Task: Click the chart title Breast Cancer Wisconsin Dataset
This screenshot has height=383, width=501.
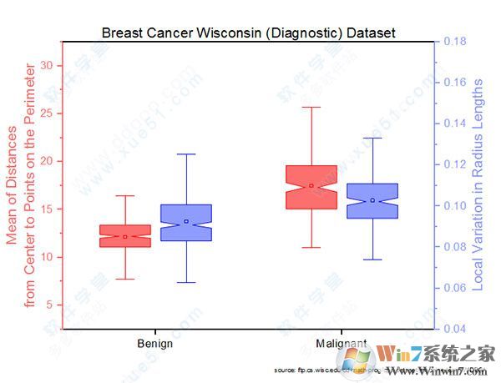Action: [248, 33]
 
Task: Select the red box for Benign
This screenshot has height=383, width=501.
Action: [125, 235]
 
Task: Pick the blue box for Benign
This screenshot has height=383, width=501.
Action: [186, 223]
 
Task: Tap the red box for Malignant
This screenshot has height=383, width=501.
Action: [311, 187]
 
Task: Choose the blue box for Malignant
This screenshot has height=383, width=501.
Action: [372, 200]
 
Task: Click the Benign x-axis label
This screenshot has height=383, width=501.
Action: [155, 343]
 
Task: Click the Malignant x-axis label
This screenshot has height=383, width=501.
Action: [341, 343]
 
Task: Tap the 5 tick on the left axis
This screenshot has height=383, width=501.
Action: [48, 305]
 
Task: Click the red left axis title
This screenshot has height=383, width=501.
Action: [23, 185]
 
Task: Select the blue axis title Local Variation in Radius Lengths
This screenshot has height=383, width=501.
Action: [478, 185]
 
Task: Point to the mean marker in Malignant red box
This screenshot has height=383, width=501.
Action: [311, 185]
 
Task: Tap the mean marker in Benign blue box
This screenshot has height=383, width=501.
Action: [186, 221]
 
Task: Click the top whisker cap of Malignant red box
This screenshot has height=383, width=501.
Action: [311, 107]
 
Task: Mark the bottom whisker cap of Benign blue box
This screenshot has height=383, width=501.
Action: [186, 282]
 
